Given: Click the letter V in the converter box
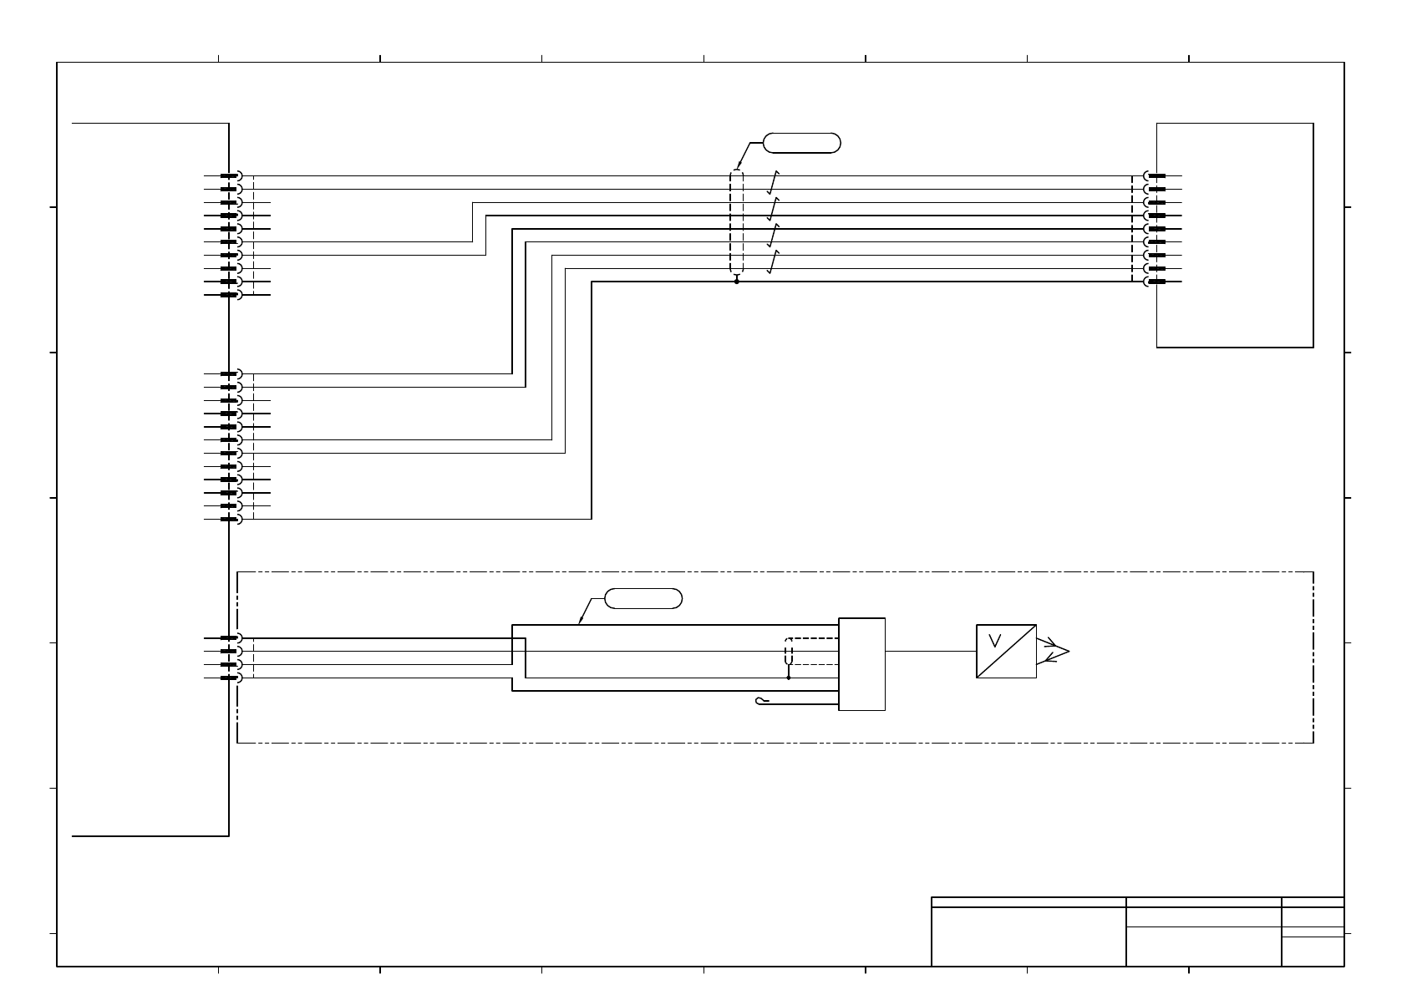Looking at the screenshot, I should [x=994, y=641].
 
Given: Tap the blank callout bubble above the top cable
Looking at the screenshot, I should [x=802, y=143].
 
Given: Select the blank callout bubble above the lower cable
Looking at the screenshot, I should [x=643, y=598].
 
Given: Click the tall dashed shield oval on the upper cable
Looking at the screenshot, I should [x=736, y=222].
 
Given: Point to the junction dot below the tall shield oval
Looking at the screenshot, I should [x=736, y=282].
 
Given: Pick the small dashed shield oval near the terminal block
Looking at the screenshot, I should [x=789, y=651].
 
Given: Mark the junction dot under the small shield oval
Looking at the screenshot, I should [x=789, y=678].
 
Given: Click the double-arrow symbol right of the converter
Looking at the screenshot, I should [x=1054, y=651].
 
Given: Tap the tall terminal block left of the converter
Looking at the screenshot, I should [x=861, y=664].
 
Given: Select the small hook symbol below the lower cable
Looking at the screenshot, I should [x=760, y=700].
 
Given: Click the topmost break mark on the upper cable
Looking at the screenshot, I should [x=774, y=183].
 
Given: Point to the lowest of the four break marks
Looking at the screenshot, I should [x=774, y=261].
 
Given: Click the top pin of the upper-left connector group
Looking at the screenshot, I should [x=230, y=176].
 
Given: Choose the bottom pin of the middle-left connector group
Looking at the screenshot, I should [x=230, y=519].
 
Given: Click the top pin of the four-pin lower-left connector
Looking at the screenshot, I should [x=230, y=638].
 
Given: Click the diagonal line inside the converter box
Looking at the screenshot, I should [x=1006, y=651].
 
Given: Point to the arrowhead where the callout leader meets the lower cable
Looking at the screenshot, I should [x=580, y=623].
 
